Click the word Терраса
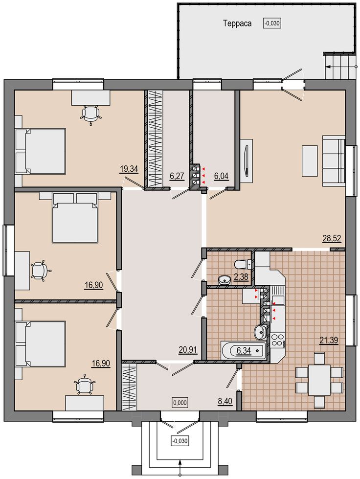pos(237,24)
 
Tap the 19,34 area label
pos(129,169)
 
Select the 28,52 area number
pos(332,238)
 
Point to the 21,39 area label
pos(329,340)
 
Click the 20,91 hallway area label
pos(188,349)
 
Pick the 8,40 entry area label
pos(225,401)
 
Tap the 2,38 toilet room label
pos(241,277)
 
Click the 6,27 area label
pos(177,176)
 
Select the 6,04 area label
pos(222,176)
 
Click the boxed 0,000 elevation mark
pos(180,403)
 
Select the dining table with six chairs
pos(319,380)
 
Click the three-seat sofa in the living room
pos(334,161)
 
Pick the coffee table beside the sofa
pos(310,160)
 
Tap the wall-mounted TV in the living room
pos(247,161)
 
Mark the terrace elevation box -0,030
pos(272,23)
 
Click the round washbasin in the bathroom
pos(260,332)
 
